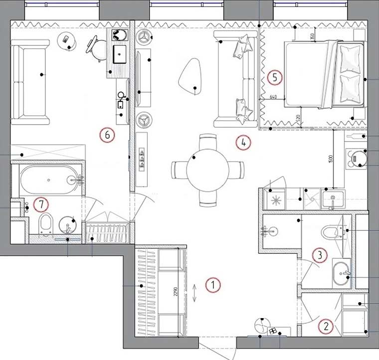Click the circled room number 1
[212, 285]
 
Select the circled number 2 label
[326, 327]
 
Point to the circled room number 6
[107, 134]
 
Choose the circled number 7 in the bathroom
[41, 203]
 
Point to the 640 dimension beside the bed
[273, 96]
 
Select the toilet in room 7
[45, 224]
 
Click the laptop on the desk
[120, 53]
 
